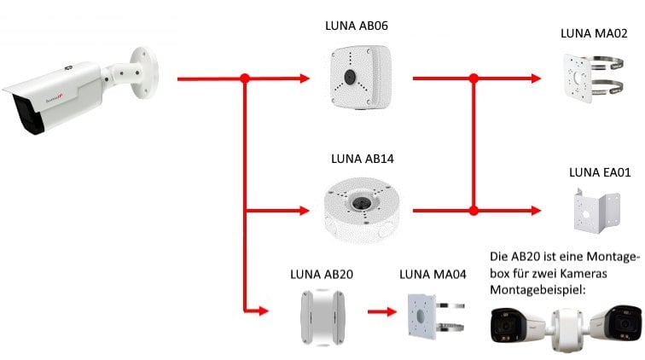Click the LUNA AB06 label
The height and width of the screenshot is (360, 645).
pyautogui.click(x=357, y=26)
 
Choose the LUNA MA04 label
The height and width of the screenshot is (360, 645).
pyautogui.click(x=432, y=275)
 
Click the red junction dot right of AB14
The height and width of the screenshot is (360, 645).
pyautogui.click(x=474, y=209)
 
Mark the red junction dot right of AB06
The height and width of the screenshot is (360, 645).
pyautogui.click(x=474, y=78)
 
